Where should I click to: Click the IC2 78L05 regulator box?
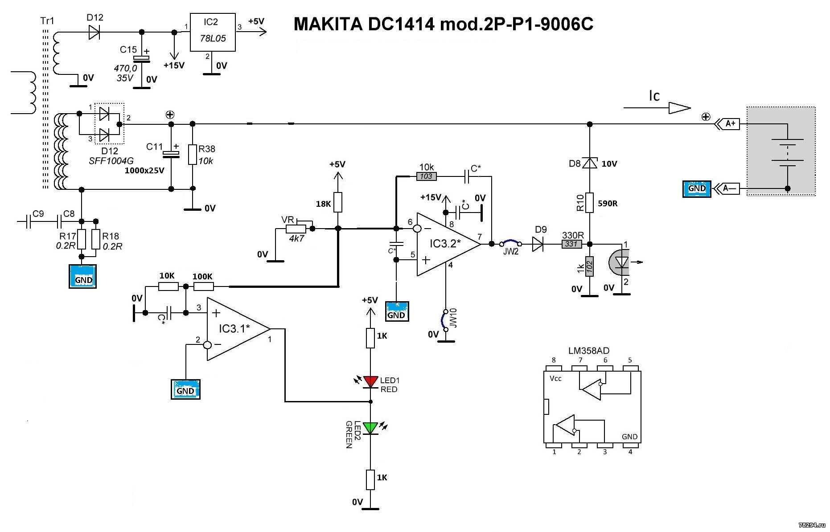(x=213, y=32)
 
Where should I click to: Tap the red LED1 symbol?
(x=370, y=381)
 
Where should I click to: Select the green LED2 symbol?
(x=370, y=428)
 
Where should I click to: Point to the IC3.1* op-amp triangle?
(x=236, y=329)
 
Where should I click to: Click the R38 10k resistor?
(x=193, y=154)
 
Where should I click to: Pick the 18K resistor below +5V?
(x=338, y=202)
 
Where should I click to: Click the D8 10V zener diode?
(x=590, y=164)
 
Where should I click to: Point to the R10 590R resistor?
(x=590, y=203)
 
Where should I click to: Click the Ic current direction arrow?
(x=657, y=107)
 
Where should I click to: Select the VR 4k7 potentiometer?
(x=296, y=229)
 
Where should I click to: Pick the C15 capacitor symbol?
(x=142, y=58)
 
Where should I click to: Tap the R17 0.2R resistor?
(x=82, y=239)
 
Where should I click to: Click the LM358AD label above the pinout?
(x=588, y=351)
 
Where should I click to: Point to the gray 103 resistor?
(x=426, y=176)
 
